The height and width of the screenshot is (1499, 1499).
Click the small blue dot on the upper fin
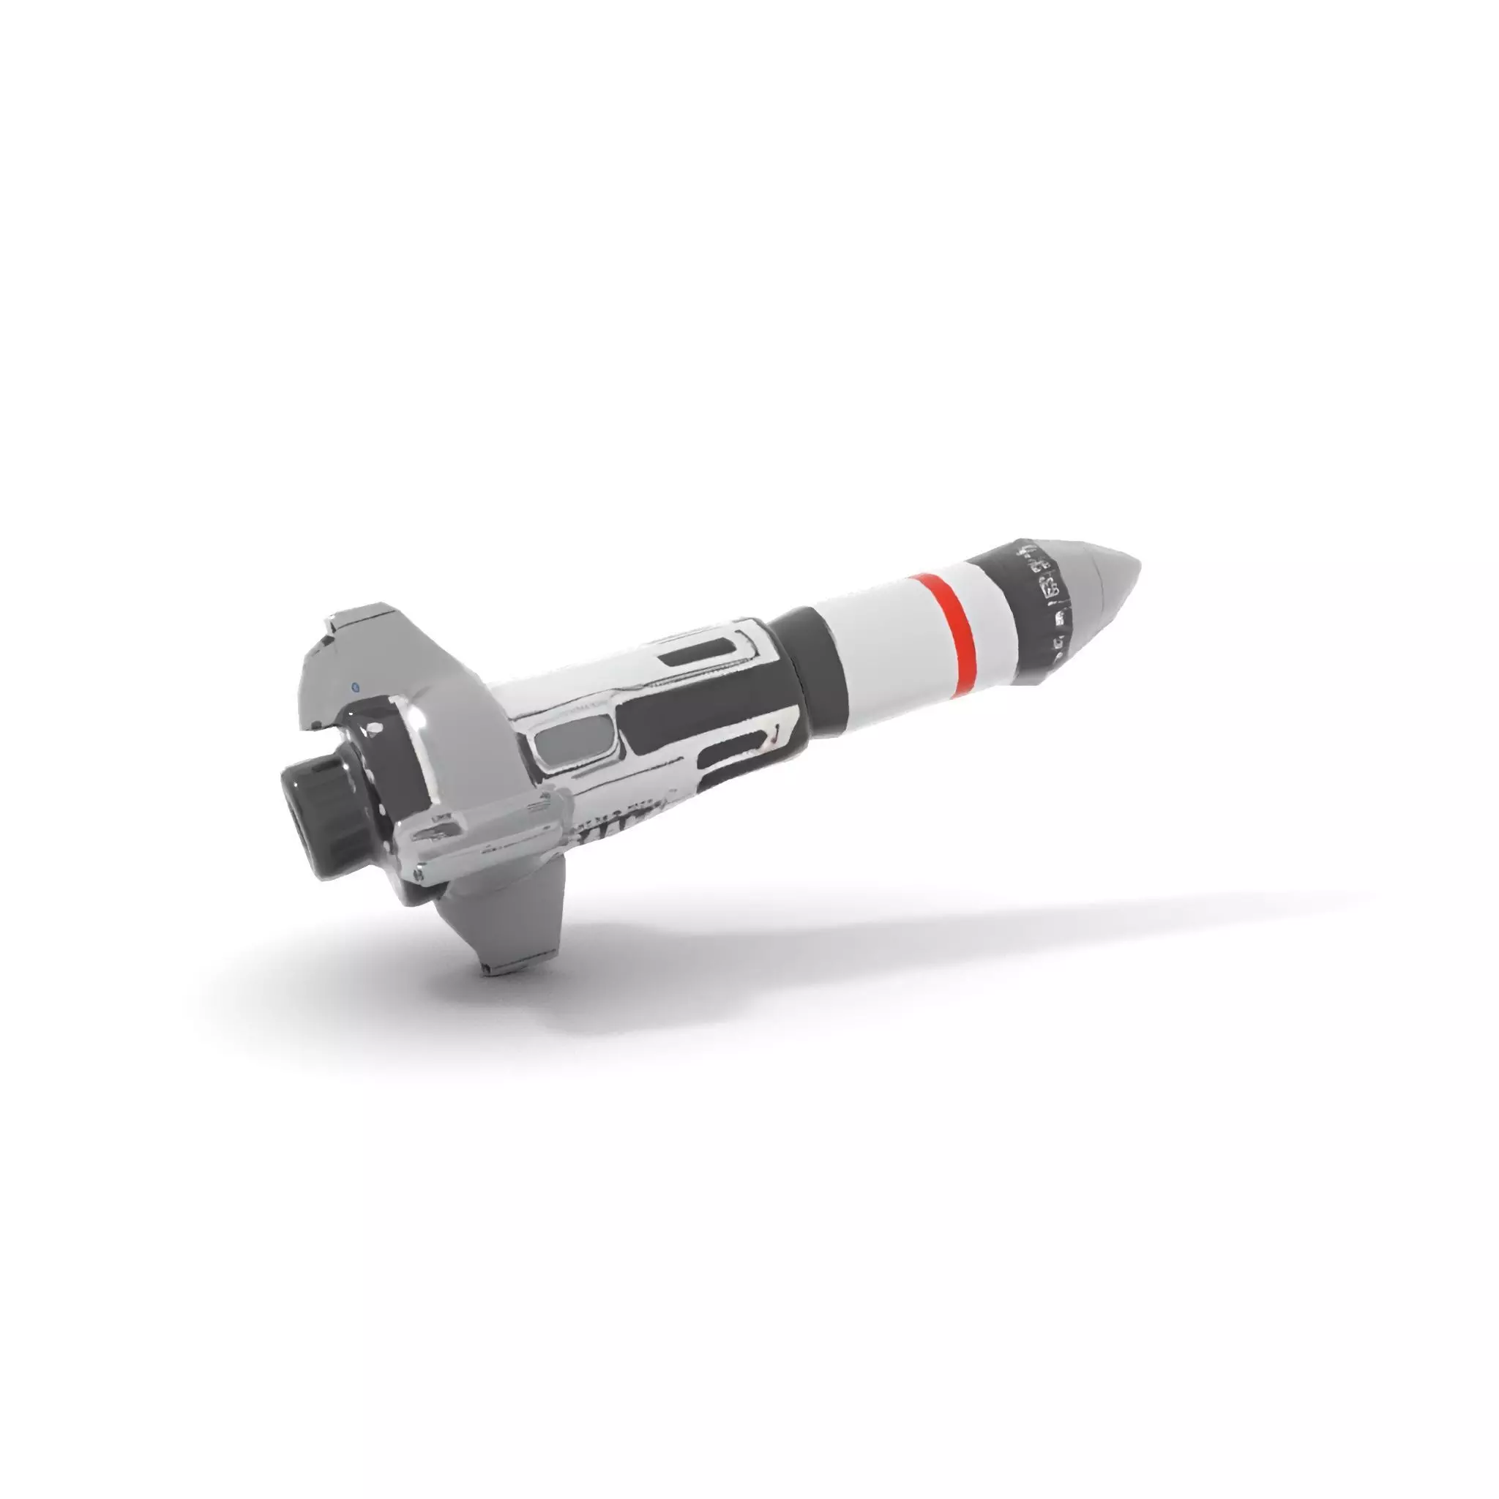354,686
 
